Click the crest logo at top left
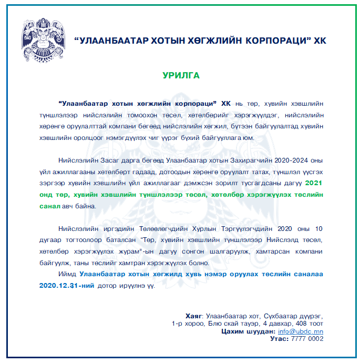pyautogui.click(x=44, y=38)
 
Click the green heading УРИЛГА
pyautogui.click(x=181, y=75)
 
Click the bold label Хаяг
pyautogui.click(x=196, y=316)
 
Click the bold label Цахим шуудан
pyautogui.click(x=249, y=331)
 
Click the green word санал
pyautogui.click(x=49, y=206)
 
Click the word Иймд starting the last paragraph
pyautogui.click(x=68, y=274)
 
